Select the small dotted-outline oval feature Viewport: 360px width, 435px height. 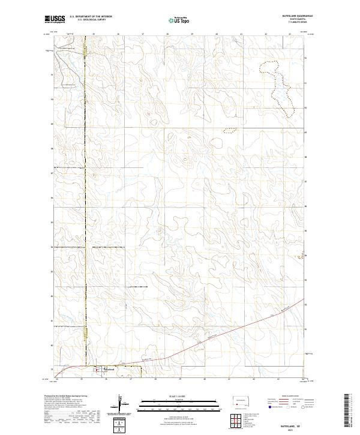point(227,129)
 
